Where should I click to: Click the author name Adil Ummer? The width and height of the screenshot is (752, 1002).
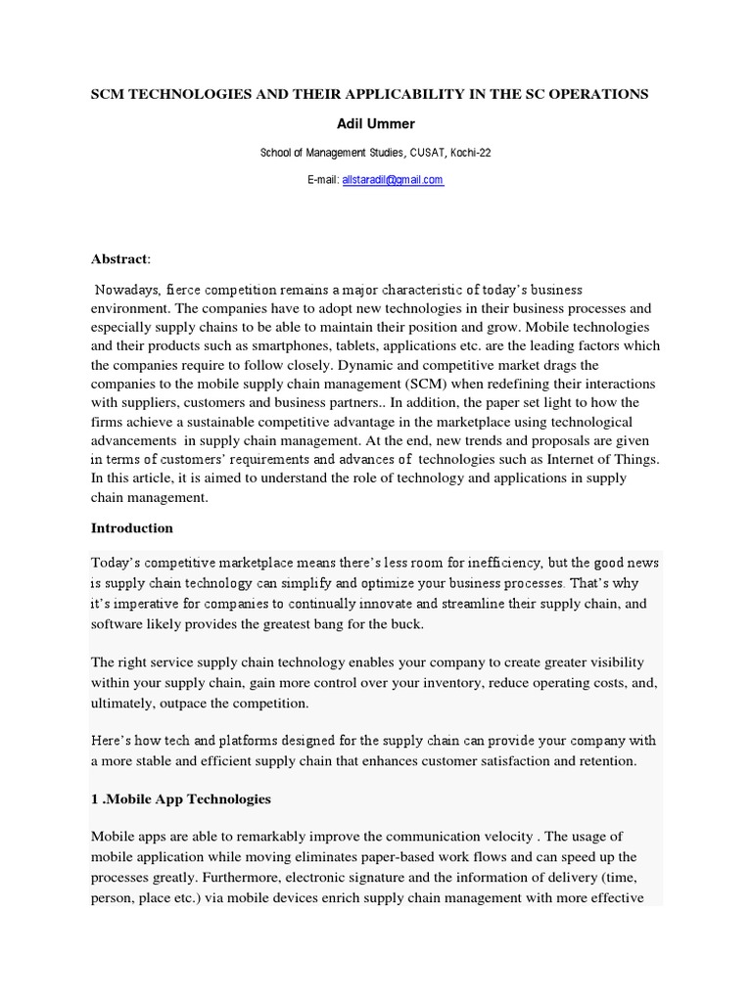pyautogui.click(x=376, y=123)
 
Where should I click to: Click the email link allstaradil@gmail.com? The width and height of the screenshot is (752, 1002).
pyautogui.click(x=393, y=180)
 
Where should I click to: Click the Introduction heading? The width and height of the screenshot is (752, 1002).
pyautogui.click(x=132, y=527)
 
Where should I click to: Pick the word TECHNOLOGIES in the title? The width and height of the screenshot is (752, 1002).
pyautogui.click(x=186, y=94)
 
